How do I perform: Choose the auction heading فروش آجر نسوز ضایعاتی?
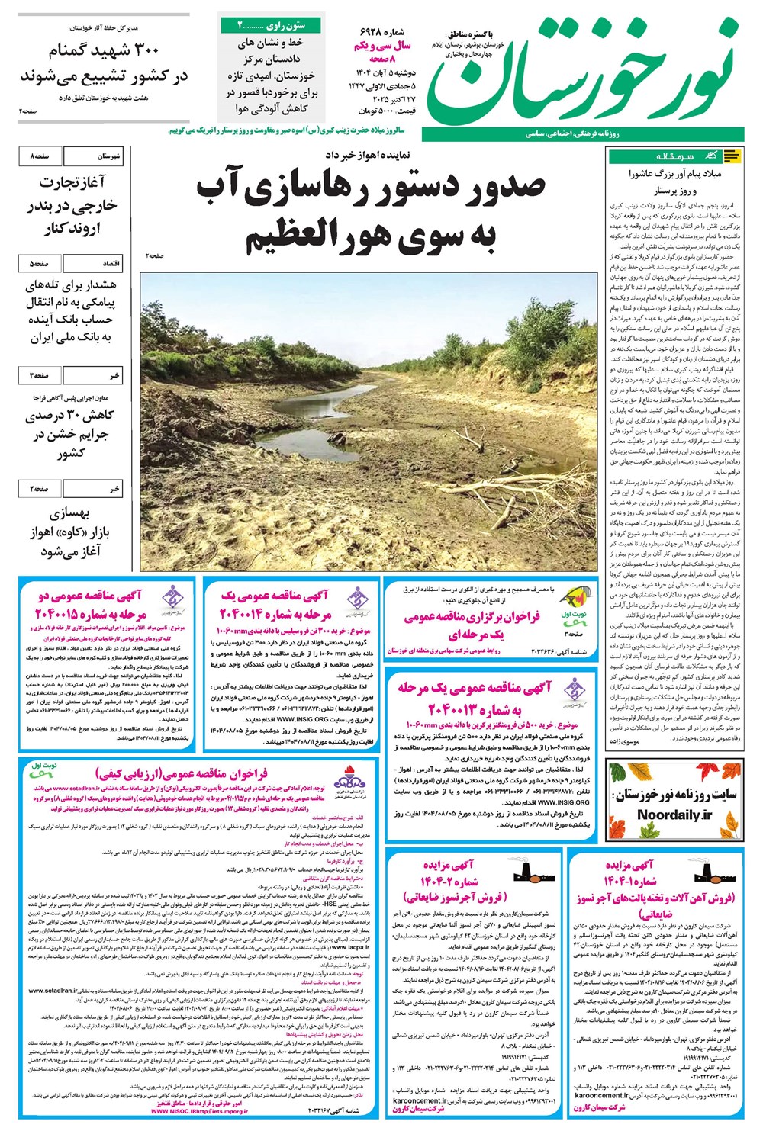pyautogui.click(x=477, y=895)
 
